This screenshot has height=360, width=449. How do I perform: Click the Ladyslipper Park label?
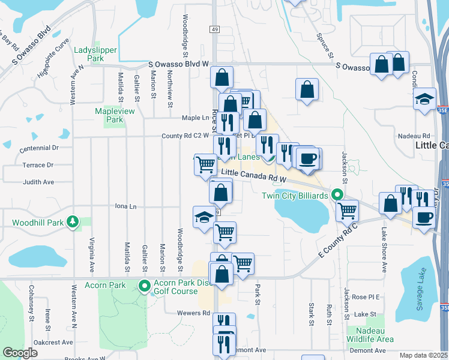[x=95, y=55]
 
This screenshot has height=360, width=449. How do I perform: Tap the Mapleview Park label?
[x=109, y=115]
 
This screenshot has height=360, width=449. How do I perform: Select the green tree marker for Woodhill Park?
[x=73, y=221]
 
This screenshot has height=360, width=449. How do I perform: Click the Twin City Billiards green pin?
[x=337, y=195]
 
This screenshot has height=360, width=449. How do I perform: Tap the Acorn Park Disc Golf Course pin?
[x=144, y=286]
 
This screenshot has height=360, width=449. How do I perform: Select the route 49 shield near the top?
[x=214, y=29]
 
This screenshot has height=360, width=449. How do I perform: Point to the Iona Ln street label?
[x=125, y=206]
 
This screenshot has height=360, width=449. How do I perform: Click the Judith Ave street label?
[x=38, y=182]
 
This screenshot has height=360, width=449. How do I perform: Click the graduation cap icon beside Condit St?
[x=424, y=98]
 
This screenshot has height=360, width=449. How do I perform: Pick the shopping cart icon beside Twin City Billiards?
[x=347, y=211]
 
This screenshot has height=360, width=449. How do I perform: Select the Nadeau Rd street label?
[x=418, y=136]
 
